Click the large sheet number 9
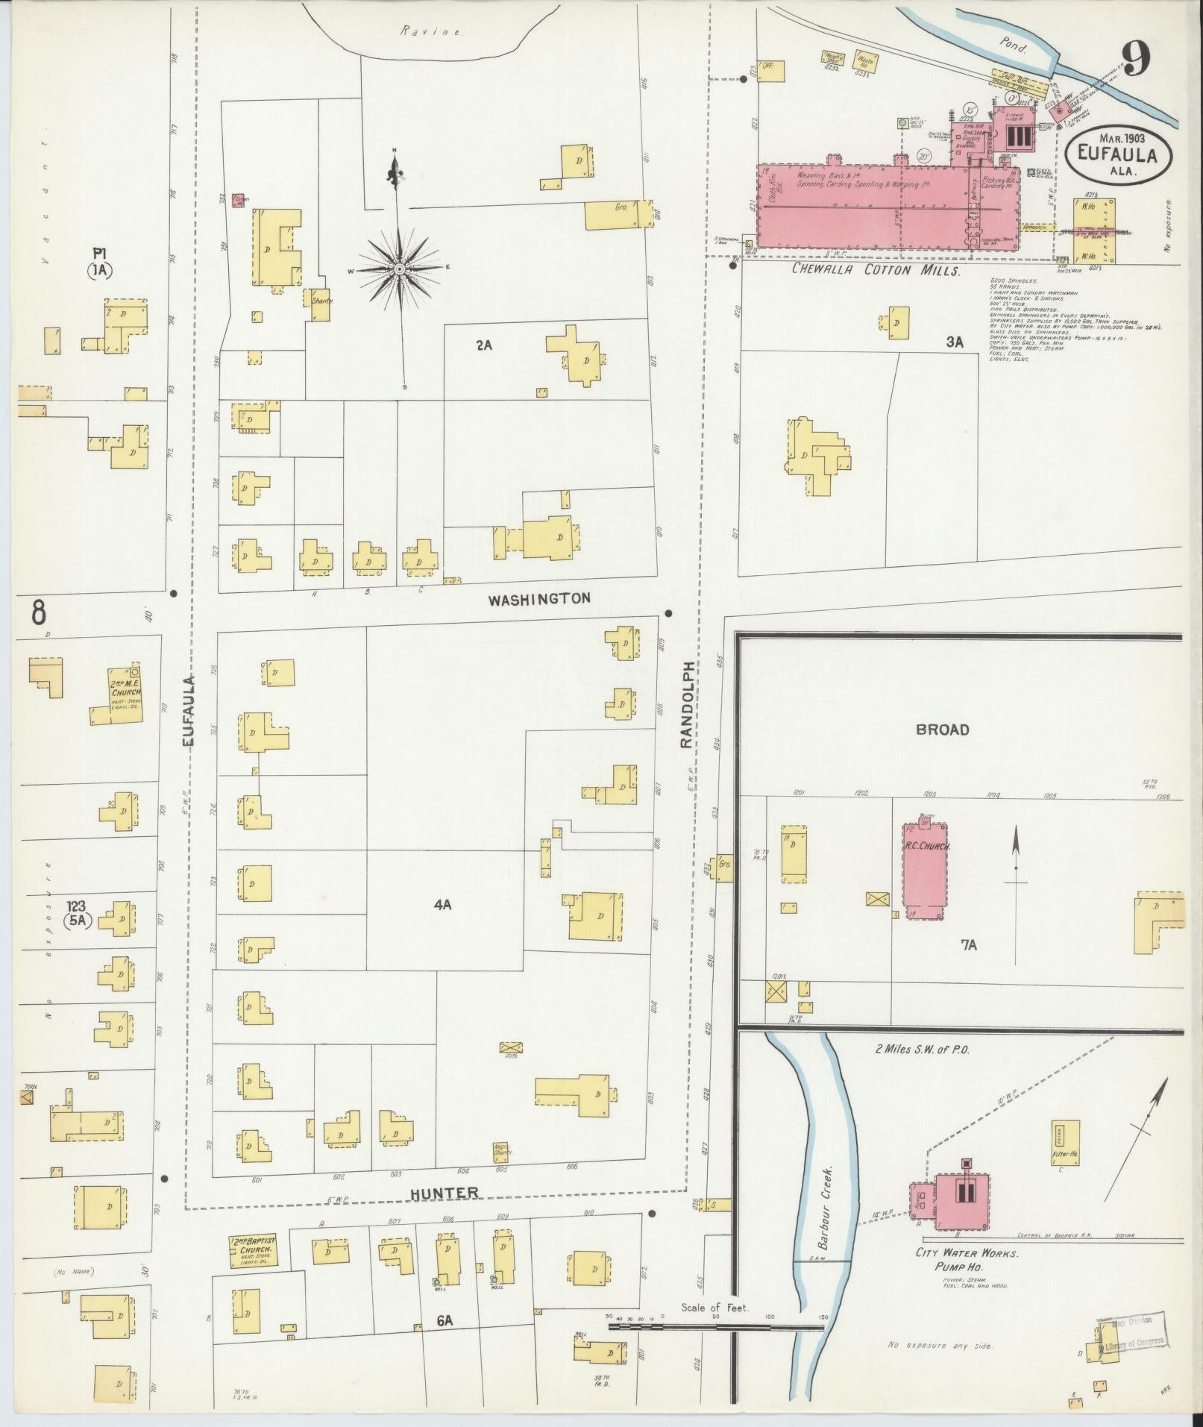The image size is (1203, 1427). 1135,57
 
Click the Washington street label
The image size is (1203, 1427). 539,598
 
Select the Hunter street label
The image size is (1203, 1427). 445,1194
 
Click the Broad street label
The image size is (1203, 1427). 942,730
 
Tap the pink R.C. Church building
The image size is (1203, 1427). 926,871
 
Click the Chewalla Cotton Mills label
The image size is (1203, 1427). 875,270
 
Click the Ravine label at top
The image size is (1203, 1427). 431,31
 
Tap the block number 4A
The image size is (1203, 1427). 442,905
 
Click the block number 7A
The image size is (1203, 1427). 968,945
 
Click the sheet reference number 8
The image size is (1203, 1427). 38,612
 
